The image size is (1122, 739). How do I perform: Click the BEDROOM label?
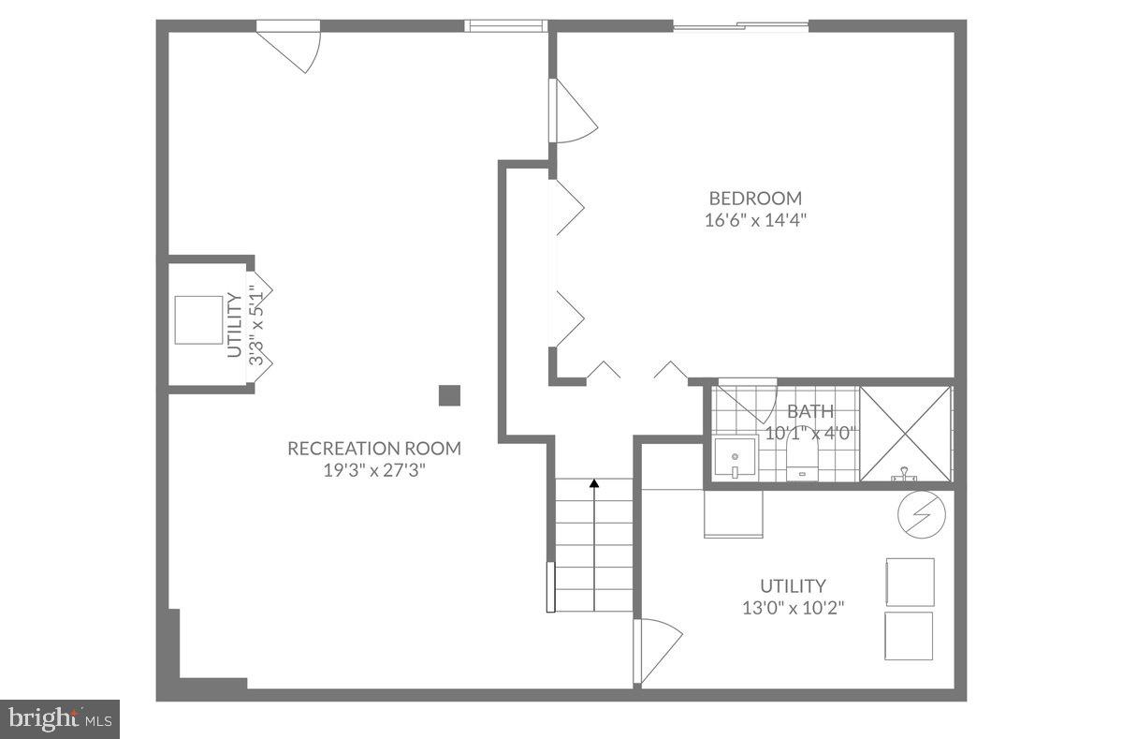755,198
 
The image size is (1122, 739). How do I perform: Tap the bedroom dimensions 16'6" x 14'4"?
755,221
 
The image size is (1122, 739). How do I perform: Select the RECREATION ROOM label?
373,448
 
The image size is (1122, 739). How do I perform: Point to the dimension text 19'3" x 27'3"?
373,470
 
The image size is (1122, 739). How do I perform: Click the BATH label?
809,411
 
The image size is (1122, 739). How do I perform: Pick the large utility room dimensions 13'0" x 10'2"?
794,607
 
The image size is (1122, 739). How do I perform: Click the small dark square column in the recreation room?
450,395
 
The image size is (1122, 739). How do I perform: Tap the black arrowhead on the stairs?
594,484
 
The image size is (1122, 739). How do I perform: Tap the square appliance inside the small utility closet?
199,320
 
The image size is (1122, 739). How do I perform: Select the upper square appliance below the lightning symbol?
909,582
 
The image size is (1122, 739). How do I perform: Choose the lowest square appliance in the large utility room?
909,636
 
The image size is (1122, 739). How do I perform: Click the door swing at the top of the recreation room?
291,48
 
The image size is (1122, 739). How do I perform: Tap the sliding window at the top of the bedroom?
740,26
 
